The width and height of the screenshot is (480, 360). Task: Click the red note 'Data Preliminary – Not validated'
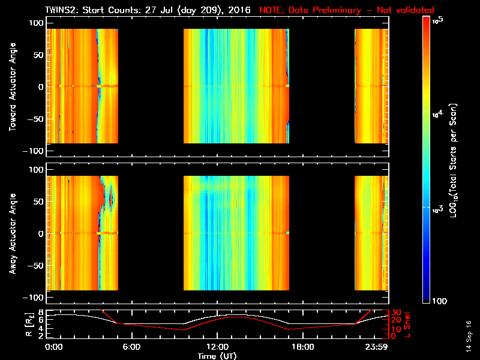click(x=346, y=10)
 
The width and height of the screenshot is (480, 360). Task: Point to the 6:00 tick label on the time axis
click(x=131, y=347)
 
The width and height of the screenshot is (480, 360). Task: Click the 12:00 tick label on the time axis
click(x=217, y=347)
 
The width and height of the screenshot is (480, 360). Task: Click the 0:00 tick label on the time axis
click(x=54, y=347)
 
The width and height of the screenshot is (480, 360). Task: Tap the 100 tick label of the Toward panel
click(x=36, y=22)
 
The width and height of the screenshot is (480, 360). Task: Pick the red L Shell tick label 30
click(x=395, y=313)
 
